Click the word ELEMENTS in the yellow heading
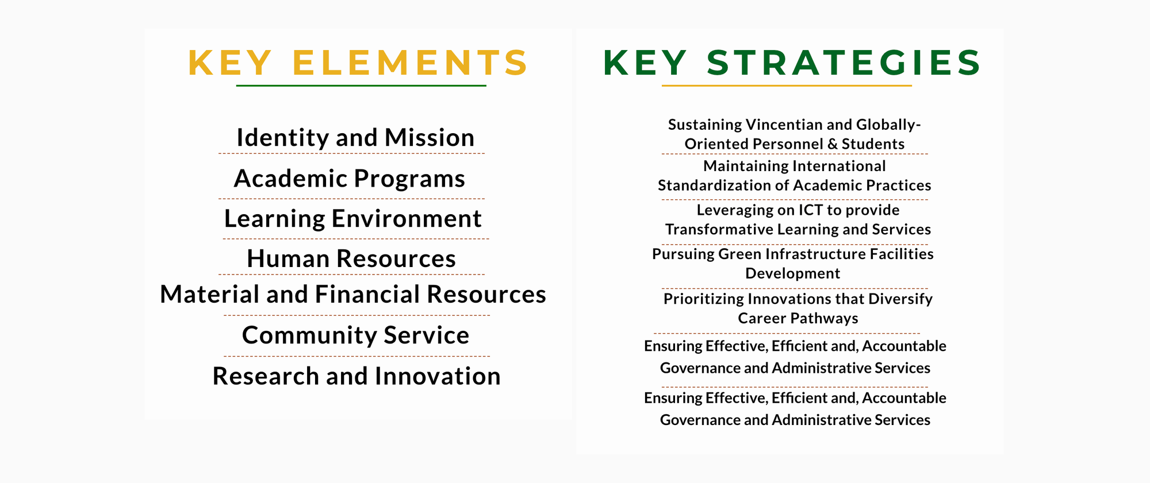tap(410, 63)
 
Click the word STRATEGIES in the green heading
tap(844, 63)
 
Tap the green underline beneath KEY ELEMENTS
tap(361, 86)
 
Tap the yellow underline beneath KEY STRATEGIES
tap(787, 86)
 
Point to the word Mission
tap(430, 138)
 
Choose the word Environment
tap(407, 219)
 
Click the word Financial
tap(367, 295)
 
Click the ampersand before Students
tap(832, 144)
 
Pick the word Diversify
tap(900, 300)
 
